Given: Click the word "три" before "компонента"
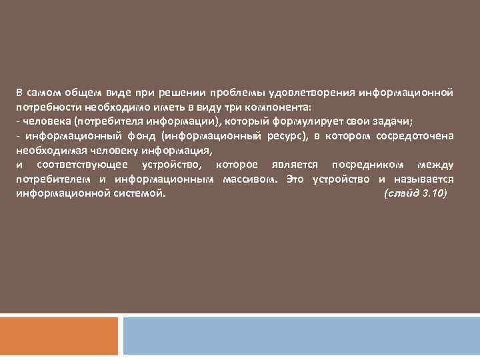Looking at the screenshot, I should click(233, 107).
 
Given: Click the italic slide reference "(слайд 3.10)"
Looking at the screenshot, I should click(415, 194).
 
